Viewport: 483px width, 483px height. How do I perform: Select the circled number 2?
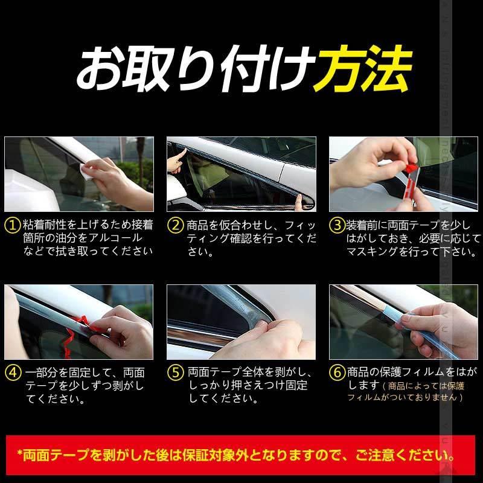click(x=175, y=225)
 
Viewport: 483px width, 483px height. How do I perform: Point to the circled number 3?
click(x=337, y=225)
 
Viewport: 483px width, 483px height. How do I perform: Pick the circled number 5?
click(x=175, y=373)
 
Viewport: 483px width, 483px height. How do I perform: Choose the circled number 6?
click(x=337, y=373)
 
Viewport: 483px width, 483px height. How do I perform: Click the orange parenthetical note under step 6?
click(x=417, y=391)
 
